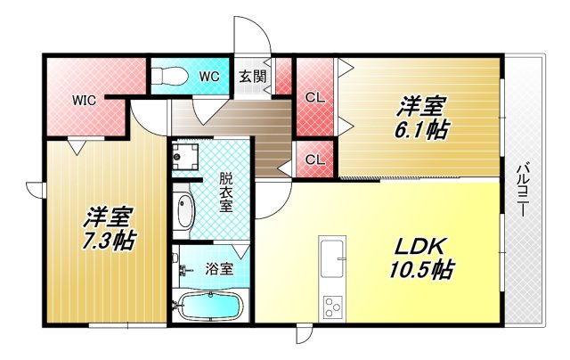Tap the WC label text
pos(208,77)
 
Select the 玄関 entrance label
pos(252,77)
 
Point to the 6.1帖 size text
pos(423,130)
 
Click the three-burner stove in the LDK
pos(334,306)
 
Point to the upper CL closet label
pos(313,97)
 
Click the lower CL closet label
pos(313,160)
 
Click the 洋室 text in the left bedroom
pos(109,217)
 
